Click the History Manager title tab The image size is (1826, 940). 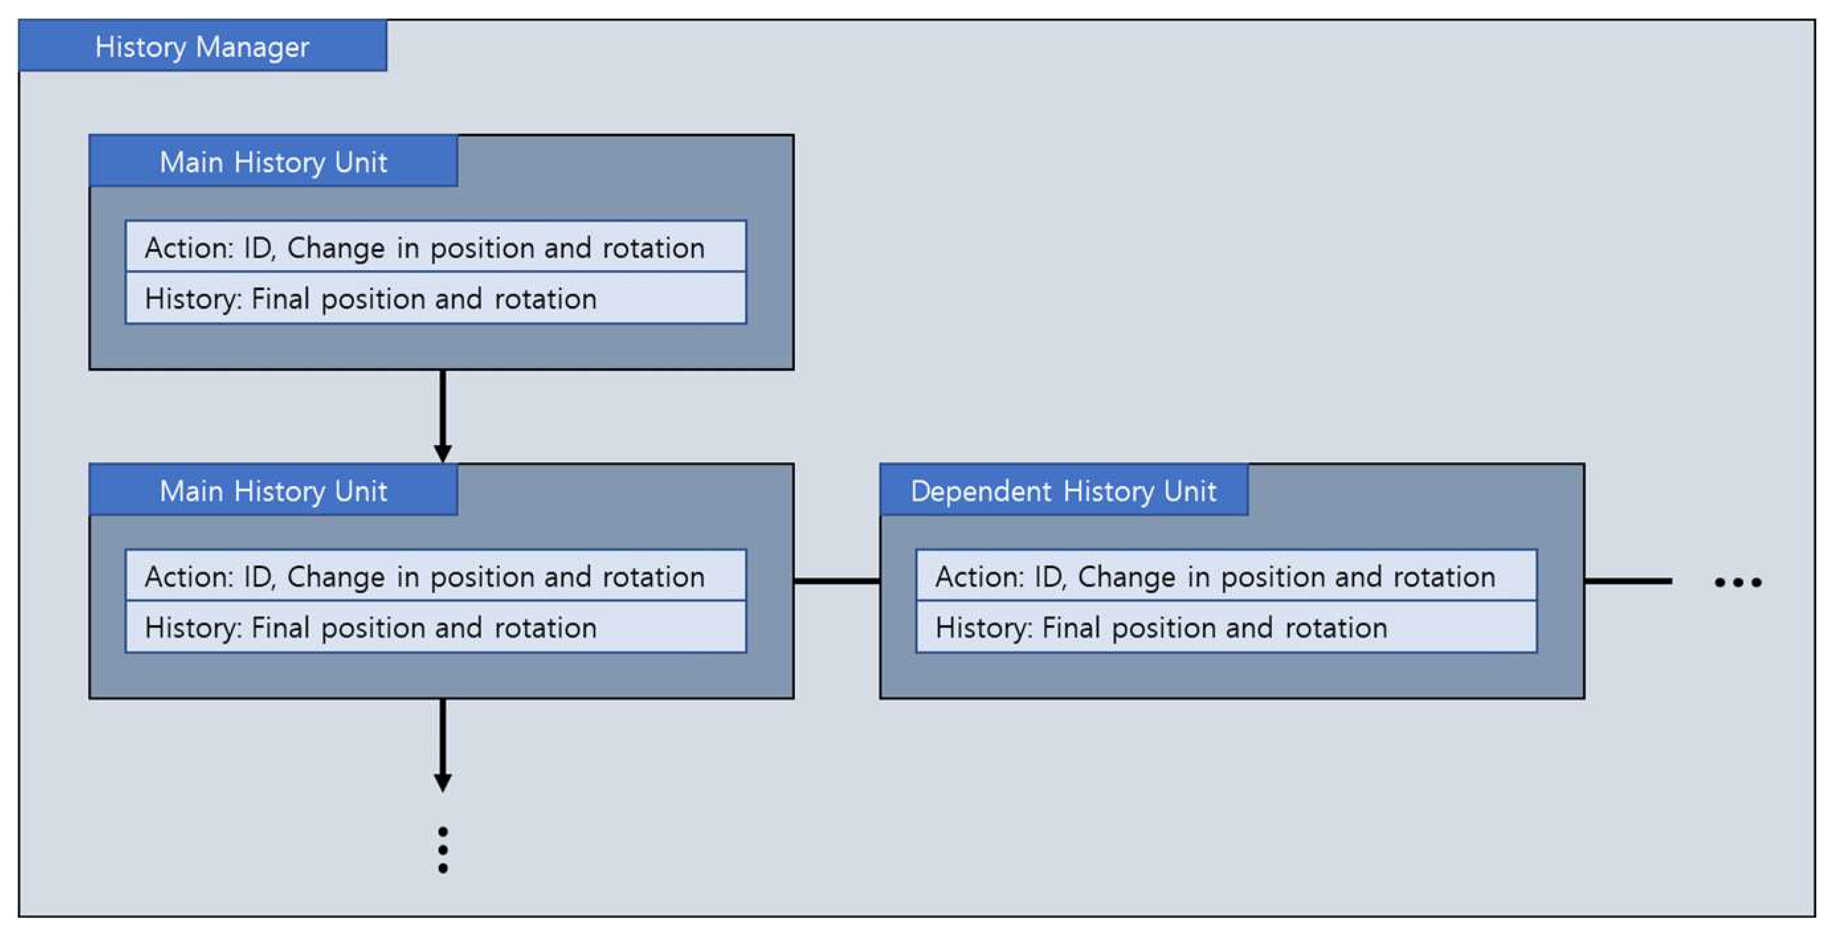tap(202, 46)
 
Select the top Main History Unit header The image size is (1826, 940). tap(273, 162)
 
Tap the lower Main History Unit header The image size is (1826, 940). tap(273, 491)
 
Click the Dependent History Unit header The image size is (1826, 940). tap(1063, 491)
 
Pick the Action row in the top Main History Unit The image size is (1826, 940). tap(435, 248)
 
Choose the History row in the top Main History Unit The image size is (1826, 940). tap(435, 299)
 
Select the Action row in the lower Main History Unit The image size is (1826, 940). tap(435, 577)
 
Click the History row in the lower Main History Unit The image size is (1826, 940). tap(435, 628)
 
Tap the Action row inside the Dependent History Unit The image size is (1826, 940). tap(1226, 577)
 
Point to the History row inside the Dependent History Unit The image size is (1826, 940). tap(1226, 628)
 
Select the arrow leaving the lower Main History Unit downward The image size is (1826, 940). tap(443, 744)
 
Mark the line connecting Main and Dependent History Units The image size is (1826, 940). tap(836, 581)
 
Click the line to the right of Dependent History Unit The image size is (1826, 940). tap(1627, 581)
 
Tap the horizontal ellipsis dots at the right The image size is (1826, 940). tap(1737, 583)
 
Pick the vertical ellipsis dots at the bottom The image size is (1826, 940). tap(443, 849)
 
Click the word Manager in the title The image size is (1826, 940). tap(252, 48)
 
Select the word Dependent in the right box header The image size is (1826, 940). tap(981, 491)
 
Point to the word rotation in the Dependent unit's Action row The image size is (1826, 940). tap(1444, 577)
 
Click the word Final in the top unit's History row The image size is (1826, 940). tap(280, 299)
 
